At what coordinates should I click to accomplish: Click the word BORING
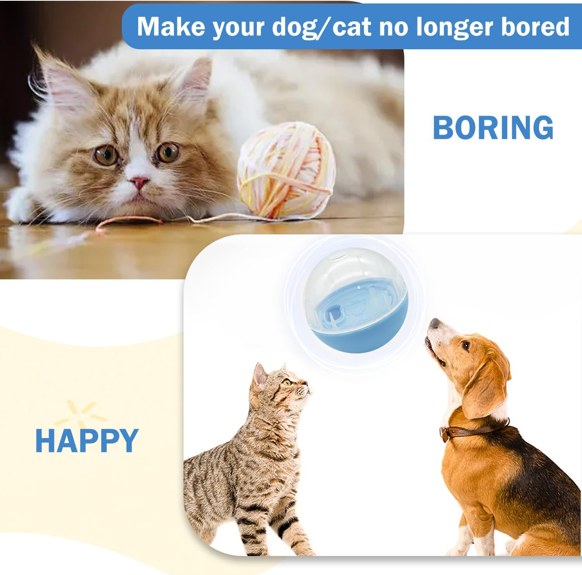click(x=493, y=128)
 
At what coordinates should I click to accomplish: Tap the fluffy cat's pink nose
click(x=139, y=181)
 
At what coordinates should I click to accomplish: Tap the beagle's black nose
click(x=434, y=323)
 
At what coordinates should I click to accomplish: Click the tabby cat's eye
click(x=287, y=383)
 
